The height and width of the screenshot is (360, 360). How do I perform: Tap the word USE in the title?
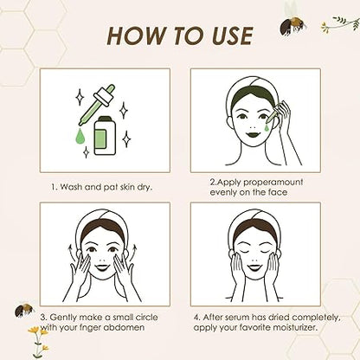click(x=232, y=35)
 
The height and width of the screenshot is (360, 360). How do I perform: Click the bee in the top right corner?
click(x=292, y=23)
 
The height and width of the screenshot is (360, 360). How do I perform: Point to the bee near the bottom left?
click(x=24, y=309)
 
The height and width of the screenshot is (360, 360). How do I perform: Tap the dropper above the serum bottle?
click(x=97, y=105)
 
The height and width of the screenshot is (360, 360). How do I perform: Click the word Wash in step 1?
click(x=71, y=187)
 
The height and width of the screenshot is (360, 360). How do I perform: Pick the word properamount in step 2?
click(x=273, y=183)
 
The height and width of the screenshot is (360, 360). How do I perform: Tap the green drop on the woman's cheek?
click(x=268, y=127)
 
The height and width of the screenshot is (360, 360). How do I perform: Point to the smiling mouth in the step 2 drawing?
click(x=253, y=134)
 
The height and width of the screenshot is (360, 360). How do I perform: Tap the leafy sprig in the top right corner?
click(x=340, y=23)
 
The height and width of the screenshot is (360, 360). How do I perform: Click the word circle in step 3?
click(x=146, y=318)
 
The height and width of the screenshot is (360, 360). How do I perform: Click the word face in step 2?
click(x=278, y=192)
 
